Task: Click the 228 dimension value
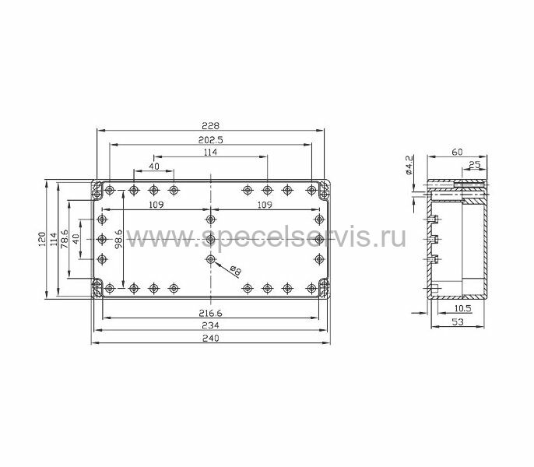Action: (x=210, y=125)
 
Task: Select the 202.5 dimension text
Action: (x=210, y=139)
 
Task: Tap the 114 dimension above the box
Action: (x=210, y=152)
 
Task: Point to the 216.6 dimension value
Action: (x=210, y=313)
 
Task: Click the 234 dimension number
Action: (x=210, y=325)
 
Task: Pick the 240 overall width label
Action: (x=210, y=338)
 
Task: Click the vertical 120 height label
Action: (x=42, y=239)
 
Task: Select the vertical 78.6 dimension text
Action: (x=65, y=239)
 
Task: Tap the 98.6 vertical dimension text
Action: (x=118, y=239)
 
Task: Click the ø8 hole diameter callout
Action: (x=235, y=270)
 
